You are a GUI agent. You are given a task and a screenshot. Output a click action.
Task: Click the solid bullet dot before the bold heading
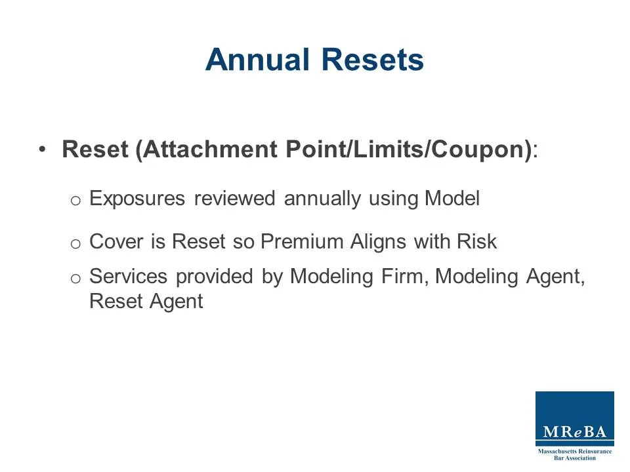[43, 149]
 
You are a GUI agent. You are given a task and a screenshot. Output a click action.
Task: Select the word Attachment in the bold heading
[211, 149]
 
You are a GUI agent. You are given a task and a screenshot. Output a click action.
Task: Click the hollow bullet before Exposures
[75, 200]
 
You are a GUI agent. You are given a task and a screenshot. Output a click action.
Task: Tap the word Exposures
[137, 199]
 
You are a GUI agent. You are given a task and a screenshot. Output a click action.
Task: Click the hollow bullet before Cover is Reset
[75, 243]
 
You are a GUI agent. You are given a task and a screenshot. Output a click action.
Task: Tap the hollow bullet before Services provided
[75, 278]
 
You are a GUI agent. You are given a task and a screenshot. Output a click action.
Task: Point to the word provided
[215, 277]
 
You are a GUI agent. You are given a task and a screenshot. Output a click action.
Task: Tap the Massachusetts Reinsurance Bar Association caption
[575, 454]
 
